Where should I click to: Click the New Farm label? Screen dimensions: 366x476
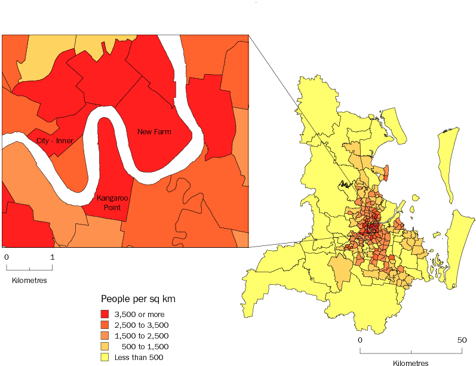154,131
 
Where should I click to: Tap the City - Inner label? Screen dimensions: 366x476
56,142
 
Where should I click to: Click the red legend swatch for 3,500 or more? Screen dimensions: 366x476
105,314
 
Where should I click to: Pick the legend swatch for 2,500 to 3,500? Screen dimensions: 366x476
105,325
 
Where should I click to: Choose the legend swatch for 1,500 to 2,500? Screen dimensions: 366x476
105,336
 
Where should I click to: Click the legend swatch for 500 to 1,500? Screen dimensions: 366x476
105,346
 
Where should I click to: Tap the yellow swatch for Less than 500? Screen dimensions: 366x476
105,357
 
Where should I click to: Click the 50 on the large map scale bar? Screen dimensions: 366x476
462,340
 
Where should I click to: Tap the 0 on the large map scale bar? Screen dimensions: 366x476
360,340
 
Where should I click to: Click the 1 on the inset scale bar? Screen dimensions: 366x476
53,257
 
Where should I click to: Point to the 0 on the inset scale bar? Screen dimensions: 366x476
6,257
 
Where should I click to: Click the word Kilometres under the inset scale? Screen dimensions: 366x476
29,279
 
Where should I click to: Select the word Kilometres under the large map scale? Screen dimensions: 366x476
411,362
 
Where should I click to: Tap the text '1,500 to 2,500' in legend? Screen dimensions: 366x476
142,336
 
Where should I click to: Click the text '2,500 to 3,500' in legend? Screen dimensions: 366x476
142,325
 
